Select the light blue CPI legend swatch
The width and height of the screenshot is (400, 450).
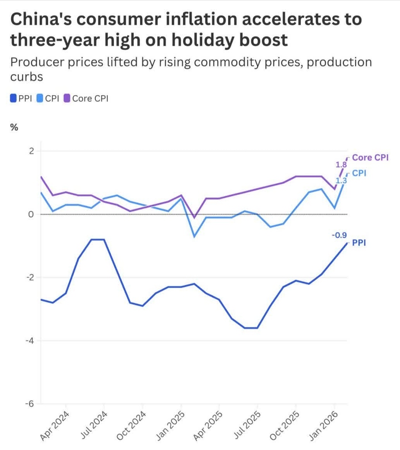(x=40, y=99)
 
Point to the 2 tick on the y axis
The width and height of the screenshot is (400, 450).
(x=31, y=151)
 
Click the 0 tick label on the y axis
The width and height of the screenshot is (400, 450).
(x=31, y=214)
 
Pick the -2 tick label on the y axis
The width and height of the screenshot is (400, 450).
(x=30, y=278)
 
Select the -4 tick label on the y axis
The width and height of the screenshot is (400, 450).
(x=30, y=340)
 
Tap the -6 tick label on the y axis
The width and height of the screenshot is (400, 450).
(x=30, y=404)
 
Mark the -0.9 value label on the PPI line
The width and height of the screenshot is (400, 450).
(x=340, y=234)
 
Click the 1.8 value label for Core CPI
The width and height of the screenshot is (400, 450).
(x=341, y=165)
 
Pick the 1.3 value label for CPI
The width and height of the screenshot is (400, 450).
(x=341, y=181)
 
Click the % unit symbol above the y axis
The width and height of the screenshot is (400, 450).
(x=14, y=127)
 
